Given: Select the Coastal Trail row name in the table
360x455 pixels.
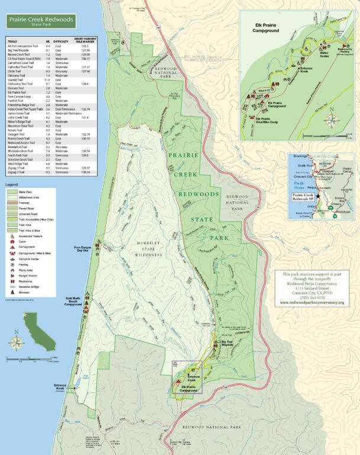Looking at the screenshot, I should pos(16,79).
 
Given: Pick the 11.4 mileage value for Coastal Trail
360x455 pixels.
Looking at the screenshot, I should pos(48,79).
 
